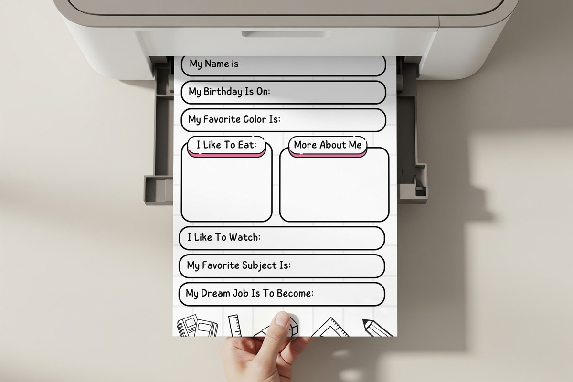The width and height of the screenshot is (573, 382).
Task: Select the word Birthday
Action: point(223,91)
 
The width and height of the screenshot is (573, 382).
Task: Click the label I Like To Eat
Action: point(226,145)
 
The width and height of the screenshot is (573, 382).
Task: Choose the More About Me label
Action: point(328,145)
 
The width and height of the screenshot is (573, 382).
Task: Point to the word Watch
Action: point(244,237)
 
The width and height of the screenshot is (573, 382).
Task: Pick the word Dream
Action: point(219,293)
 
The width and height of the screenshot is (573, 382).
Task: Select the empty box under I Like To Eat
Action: point(226,189)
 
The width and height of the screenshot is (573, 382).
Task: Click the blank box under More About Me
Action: point(334,189)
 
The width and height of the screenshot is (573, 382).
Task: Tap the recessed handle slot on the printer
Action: point(286,34)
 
